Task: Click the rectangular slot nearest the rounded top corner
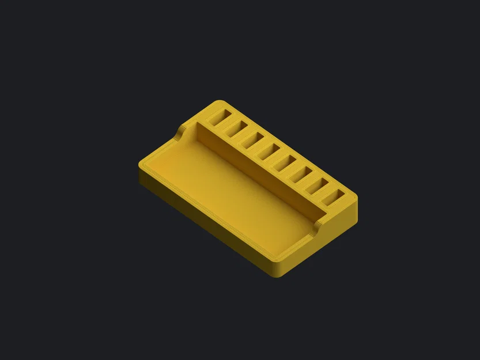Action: pos(219,118)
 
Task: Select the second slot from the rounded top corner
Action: pos(236,130)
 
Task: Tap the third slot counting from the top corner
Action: pos(252,141)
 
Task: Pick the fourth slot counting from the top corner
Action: pos(269,151)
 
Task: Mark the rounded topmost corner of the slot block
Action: pos(218,103)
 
